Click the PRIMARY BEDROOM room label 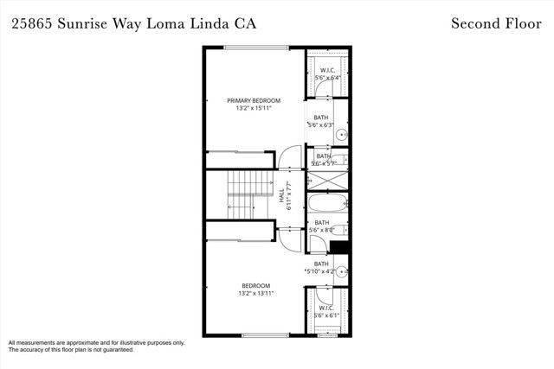[254, 100]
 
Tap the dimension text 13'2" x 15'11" [254, 109]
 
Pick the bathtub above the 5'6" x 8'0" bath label [328, 205]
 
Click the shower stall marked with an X [328, 181]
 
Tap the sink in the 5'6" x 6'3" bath [341, 134]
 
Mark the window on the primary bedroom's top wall [257, 47]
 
